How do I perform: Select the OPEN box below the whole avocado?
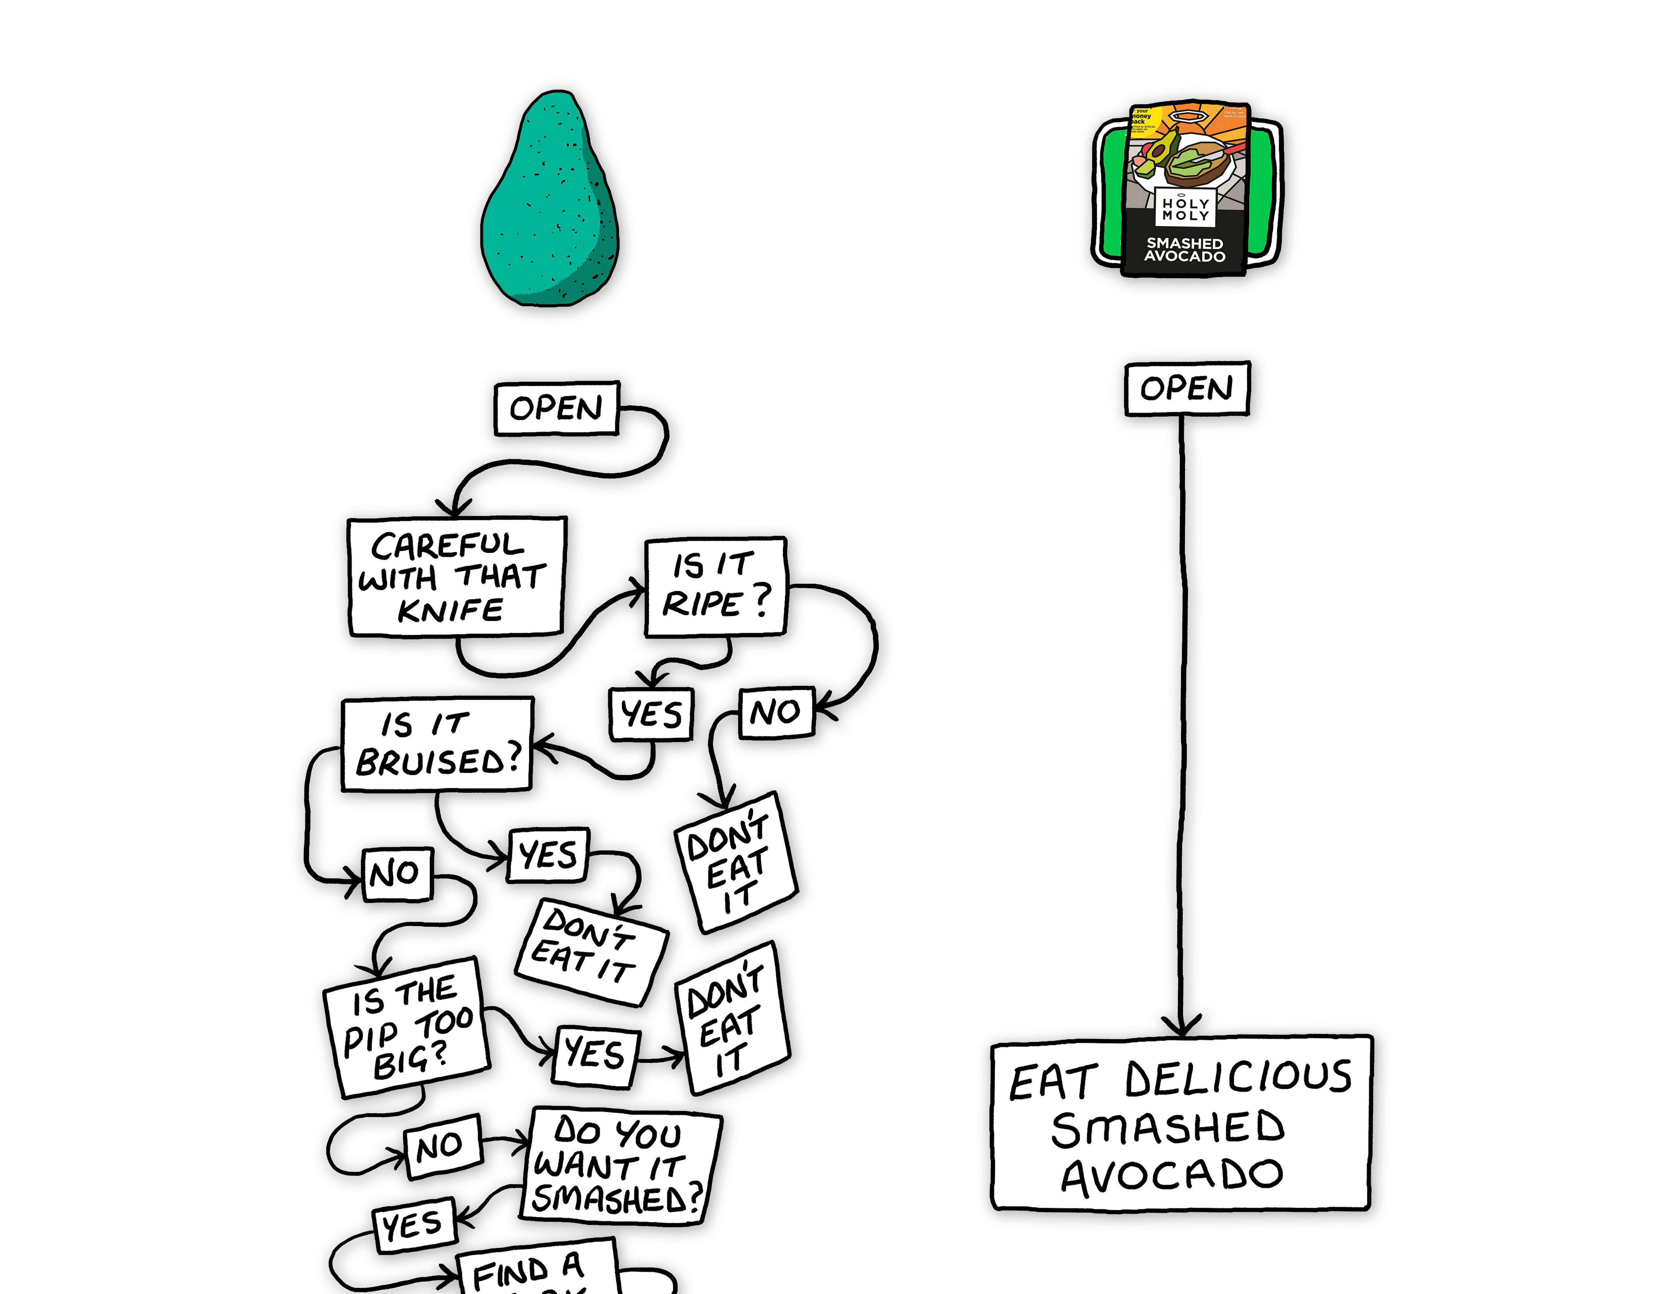click(x=557, y=409)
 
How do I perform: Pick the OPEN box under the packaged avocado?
click(x=1187, y=389)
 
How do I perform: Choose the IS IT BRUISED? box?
click(x=438, y=744)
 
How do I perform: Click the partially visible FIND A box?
click(x=535, y=1270)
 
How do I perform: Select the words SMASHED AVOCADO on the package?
click(x=1185, y=250)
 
